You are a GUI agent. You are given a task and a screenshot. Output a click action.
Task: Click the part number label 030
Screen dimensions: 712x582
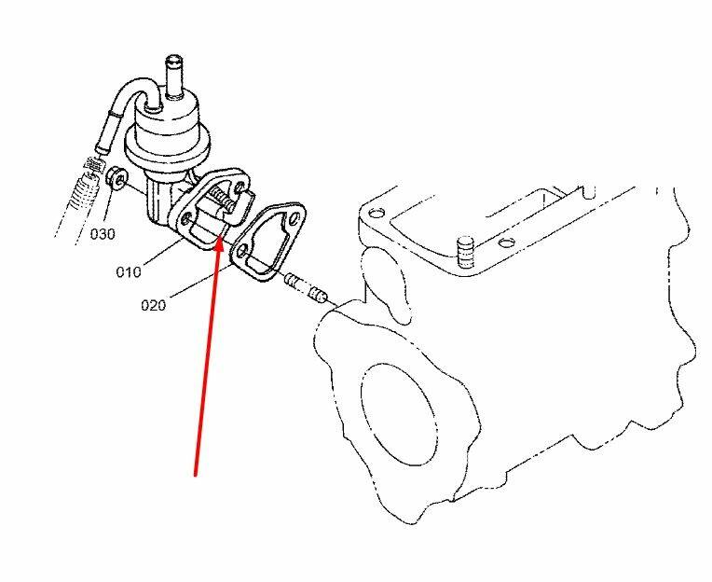pos(103,234)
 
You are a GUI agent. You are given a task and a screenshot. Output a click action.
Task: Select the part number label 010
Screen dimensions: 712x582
pos(129,272)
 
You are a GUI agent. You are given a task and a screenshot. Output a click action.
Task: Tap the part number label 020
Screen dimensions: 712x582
pos(154,305)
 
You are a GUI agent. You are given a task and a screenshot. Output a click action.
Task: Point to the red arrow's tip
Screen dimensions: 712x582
pos(220,242)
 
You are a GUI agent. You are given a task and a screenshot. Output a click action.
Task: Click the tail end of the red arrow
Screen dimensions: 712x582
pos(196,476)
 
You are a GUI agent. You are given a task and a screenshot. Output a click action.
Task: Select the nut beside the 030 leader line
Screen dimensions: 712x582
pos(117,178)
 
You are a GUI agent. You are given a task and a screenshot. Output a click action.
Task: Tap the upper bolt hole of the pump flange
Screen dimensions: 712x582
pos(241,187)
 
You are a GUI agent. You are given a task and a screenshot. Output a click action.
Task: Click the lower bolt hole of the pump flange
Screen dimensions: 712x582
pos(186,220)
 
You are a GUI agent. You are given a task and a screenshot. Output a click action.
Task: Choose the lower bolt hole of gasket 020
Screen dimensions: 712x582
pos(243,250)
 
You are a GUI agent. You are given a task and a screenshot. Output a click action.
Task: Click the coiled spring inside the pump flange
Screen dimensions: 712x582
pos(222,200)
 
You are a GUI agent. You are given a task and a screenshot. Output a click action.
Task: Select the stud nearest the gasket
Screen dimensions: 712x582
pos(294,282)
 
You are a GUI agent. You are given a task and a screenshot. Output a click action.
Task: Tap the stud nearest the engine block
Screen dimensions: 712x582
pos(318,295)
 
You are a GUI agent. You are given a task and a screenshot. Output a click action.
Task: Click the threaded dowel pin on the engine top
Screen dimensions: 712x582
pos(464,253)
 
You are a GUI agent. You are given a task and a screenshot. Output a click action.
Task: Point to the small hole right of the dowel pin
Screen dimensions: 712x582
pos(503,243)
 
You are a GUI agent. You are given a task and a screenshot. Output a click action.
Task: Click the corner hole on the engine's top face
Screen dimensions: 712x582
pos(375,213)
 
